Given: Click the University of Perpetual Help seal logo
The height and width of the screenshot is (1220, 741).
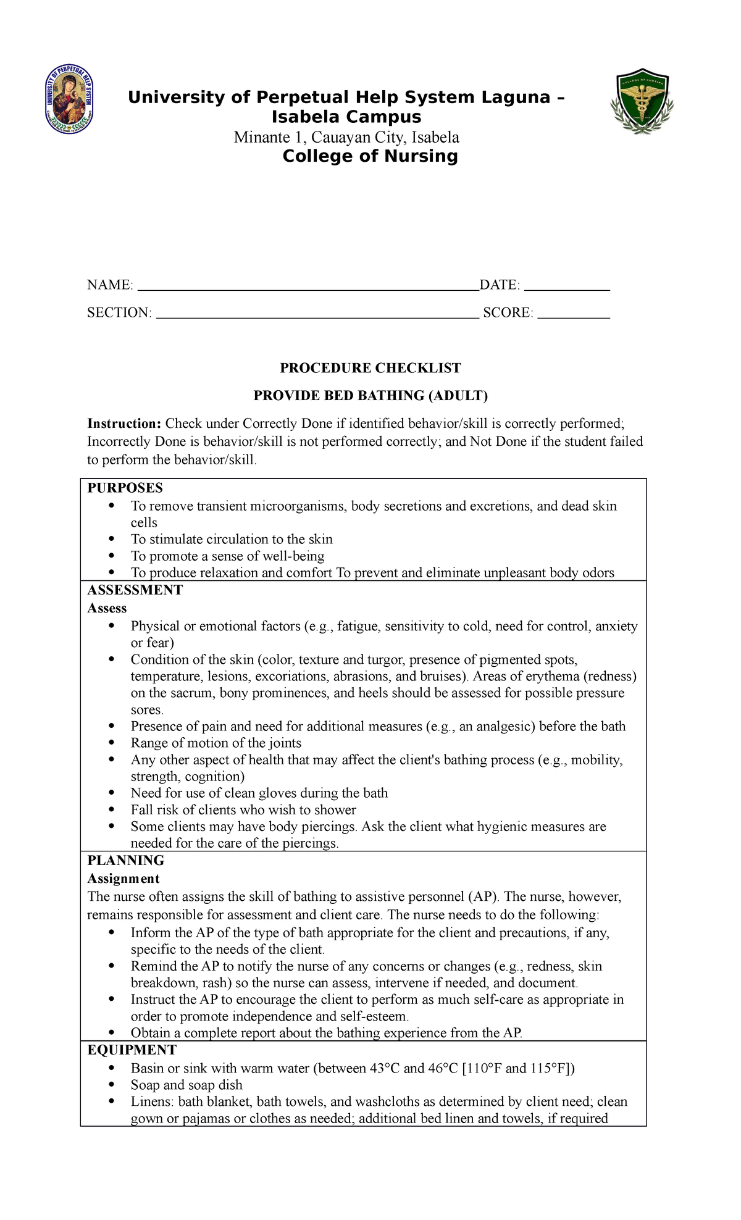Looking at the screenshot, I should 69,99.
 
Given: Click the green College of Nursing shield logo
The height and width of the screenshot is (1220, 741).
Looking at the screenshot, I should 642,101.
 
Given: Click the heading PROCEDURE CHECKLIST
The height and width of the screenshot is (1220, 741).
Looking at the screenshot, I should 370,368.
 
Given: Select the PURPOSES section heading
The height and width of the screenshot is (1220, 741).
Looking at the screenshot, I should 125,488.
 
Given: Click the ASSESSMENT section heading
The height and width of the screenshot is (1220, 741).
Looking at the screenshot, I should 135,590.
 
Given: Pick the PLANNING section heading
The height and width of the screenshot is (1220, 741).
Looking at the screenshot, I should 125,861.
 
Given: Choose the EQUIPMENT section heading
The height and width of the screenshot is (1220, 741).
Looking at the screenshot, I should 132,1050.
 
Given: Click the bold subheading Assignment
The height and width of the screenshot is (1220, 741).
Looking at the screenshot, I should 123,879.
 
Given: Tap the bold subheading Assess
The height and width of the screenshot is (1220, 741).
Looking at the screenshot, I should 107,608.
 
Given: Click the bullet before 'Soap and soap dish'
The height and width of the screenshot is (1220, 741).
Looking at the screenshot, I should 111,1084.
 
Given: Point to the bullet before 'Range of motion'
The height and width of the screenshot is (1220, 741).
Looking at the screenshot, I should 111,743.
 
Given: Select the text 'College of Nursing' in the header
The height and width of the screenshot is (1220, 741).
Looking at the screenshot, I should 370,156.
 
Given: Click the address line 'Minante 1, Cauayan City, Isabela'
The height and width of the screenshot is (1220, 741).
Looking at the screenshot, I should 346,137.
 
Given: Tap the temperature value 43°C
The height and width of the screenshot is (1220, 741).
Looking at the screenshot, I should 385,1068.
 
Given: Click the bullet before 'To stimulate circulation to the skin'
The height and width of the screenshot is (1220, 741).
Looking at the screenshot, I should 111,539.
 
